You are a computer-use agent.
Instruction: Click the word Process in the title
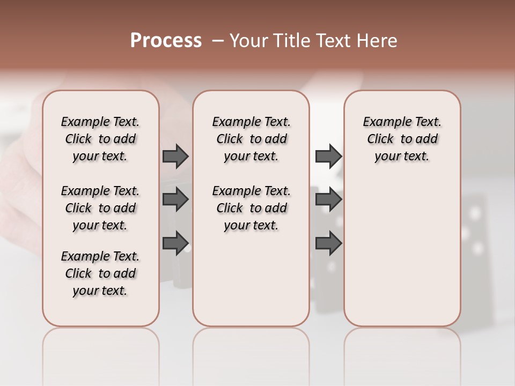pos(166,41)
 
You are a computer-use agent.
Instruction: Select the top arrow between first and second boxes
pos(175,156)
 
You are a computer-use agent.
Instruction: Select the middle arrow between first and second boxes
pos(175,199)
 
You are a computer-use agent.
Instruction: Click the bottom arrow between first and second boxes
pos(175,243)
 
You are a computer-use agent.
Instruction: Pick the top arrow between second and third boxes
pos(328,156)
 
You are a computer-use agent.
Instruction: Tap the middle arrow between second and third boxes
pos(328,199)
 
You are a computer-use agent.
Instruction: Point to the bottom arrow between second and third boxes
pos(328,243)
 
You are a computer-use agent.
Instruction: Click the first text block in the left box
pos(100,139)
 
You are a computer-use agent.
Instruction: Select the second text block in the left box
pos(100,208)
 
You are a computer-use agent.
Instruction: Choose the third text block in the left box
pos(100,273)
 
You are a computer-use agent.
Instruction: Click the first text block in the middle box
pos(251,139)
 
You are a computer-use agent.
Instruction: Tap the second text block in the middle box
pos(251,208)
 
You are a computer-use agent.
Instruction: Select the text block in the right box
pos(402,139)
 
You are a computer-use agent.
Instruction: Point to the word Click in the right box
pos(380,139)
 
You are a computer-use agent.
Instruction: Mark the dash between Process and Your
pos(218,41)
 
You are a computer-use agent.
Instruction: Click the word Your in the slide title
pos(249,41)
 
